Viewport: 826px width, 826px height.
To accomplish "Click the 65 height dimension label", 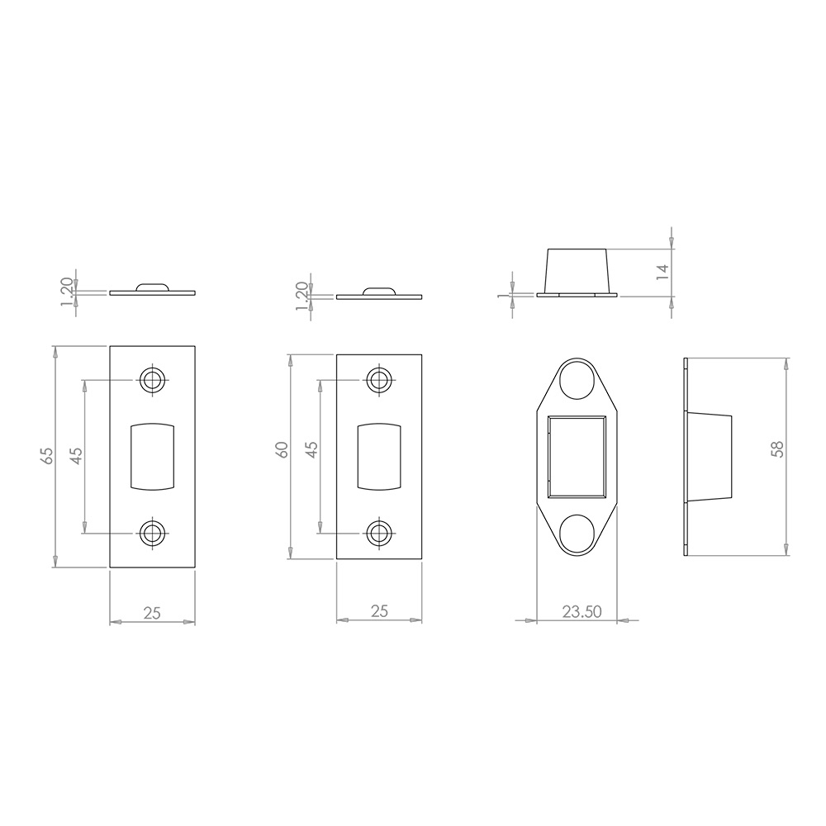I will point(47,456).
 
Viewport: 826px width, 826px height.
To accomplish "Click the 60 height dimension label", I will point(282,450).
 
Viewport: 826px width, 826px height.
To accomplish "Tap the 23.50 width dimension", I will point(582,612).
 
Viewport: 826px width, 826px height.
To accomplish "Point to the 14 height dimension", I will point(662,273).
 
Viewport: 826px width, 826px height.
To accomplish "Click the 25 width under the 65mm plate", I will point(152,612).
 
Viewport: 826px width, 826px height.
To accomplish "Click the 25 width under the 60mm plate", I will point(379,612).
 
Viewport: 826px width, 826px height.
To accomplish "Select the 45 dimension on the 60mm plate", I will point(311,450).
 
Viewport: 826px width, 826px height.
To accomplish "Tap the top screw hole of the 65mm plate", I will point(152,380).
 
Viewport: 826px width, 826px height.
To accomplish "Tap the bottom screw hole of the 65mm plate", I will point(152,533).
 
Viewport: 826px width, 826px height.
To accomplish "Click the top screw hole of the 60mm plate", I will point(379,380).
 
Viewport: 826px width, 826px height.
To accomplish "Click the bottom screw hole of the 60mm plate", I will point(379,533).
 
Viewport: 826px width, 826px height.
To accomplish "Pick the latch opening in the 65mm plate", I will point(152,456).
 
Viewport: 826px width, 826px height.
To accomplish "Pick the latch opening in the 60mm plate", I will point(379,456).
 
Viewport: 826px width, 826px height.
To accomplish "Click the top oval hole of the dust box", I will point(577,381).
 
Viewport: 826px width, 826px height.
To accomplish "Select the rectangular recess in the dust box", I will point(577,457).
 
